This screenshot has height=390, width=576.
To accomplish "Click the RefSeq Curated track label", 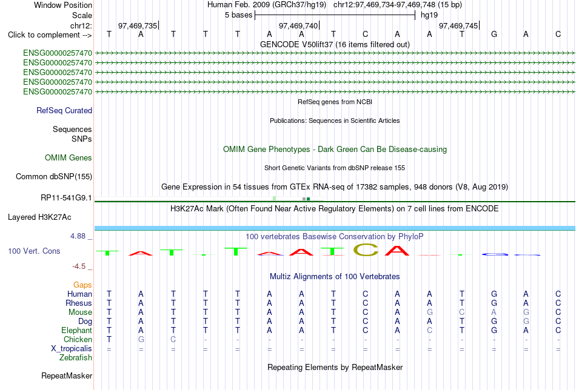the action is (x=64, y=110).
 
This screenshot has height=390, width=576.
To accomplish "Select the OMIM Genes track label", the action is (x=69, y=158).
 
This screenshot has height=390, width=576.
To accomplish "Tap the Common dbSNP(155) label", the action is (x=54, y=176).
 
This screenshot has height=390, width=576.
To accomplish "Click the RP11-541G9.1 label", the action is (x=66, y=198).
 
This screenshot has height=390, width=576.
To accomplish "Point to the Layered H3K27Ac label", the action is (x=39, y=217).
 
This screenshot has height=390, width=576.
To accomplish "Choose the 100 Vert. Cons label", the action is (x=34, y=251).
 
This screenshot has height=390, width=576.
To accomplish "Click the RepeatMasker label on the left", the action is (x=67, y=375).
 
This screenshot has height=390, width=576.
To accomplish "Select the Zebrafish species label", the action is (x=76, y=357).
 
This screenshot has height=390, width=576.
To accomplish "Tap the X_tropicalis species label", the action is (x=72, y=349).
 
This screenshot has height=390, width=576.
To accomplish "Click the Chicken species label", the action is (x=78, y=339).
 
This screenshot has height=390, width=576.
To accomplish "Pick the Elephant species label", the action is (x=77, y=330).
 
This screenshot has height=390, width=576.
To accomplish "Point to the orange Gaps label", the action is (x=82, y=285).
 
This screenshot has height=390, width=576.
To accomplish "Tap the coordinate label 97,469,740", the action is (x=298, y=25).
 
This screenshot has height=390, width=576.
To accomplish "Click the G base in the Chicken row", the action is (x=141, y=339).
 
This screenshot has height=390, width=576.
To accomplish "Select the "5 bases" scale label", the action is (x=239, y=15).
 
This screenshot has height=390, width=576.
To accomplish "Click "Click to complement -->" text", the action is (x=50, y=35).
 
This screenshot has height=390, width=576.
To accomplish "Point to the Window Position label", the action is (x=63, y=5).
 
